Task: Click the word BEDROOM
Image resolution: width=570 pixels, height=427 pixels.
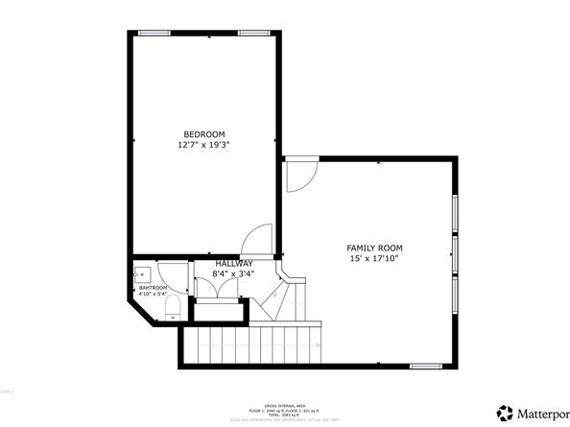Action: tap(204, 133)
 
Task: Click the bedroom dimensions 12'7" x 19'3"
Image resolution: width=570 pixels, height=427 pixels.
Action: tap(204, 144)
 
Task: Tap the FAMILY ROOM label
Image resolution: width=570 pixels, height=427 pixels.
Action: tap(372, 249)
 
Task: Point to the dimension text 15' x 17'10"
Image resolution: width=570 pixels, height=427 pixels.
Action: tap(372, 259)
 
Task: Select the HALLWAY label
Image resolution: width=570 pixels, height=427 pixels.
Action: tap(234, 264)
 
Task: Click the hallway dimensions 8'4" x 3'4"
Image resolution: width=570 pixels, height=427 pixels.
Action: tap(233, 274)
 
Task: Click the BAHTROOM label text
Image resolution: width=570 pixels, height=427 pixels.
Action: tap(154, 288)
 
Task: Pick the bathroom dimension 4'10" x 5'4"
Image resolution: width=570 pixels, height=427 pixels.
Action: tap(154, 295)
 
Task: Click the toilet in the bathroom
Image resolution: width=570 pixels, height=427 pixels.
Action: tap(173, 308)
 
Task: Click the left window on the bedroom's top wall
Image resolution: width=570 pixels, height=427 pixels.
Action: tap(154, 34)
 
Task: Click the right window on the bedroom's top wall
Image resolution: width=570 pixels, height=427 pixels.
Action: tap(252, 34)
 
